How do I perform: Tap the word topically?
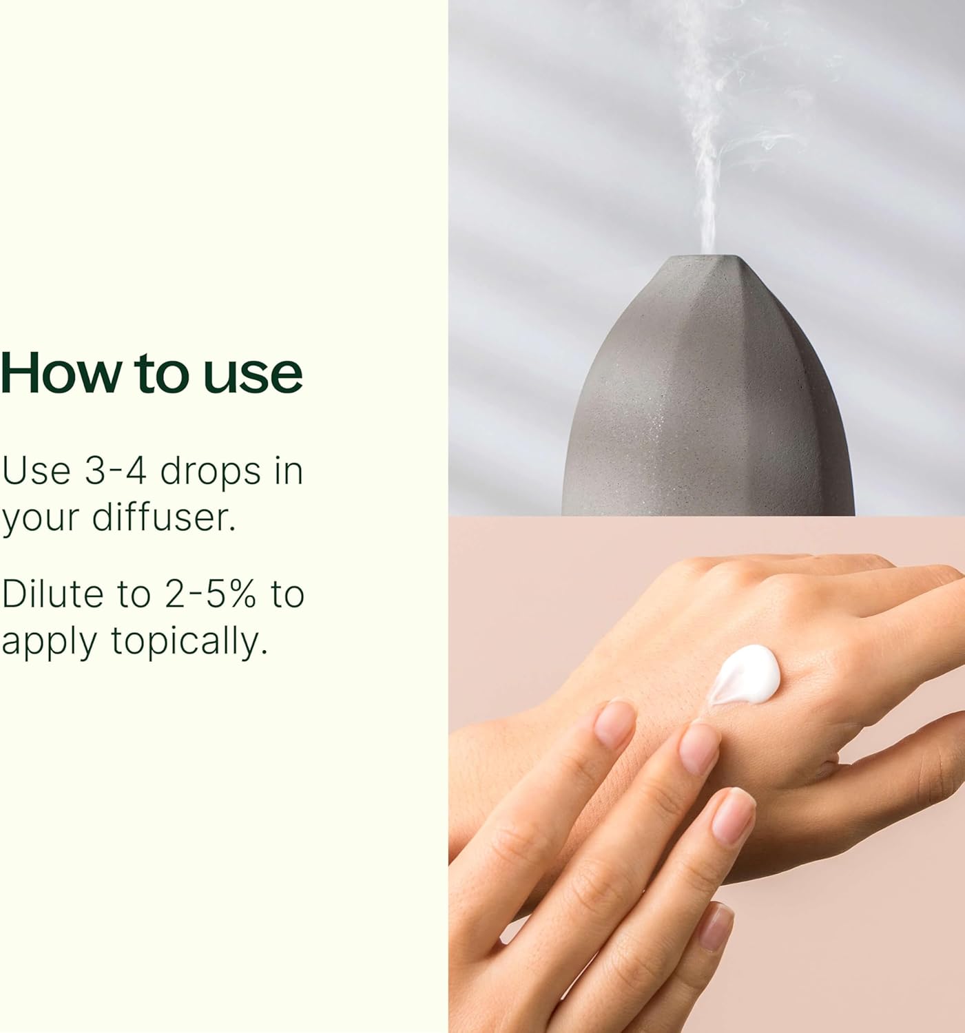tap(189, 641)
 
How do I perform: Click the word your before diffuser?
tap(41, 519)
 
